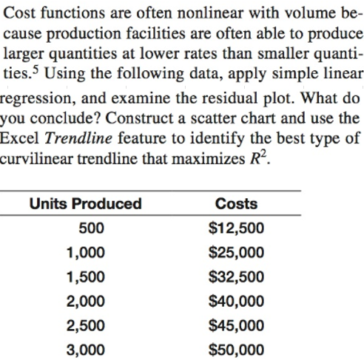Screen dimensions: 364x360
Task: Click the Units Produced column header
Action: [x=84, y=203]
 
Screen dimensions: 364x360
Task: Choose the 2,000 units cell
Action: [x=84, y=301]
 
